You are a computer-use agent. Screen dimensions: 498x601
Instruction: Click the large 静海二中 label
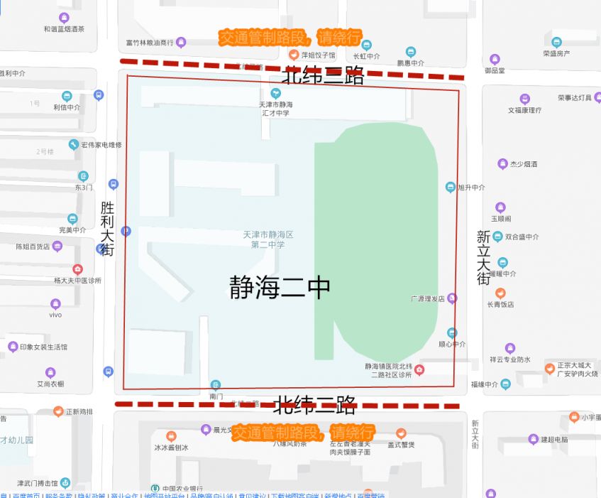(280, 288)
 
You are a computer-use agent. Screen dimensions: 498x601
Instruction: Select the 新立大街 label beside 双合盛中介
(483, 257)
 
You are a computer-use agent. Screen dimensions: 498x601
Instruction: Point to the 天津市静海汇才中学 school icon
(276, 93)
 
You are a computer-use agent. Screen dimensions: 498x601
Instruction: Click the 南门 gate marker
(216, 385)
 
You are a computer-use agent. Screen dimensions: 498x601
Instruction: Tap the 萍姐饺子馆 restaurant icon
(293, 54)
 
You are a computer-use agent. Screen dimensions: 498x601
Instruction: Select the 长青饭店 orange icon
(500, 293)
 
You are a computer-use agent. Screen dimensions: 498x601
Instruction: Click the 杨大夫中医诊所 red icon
(78, 269)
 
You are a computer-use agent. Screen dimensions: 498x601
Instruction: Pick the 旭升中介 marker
(450, 188)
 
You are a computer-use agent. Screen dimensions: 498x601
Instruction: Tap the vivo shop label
(55, 314)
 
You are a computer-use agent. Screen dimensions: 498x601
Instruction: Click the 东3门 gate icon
(84, 176)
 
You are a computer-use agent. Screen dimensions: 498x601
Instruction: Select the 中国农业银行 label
(182, 489)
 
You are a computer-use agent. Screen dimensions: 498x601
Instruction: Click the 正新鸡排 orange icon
(59, 411)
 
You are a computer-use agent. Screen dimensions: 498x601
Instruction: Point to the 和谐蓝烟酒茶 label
(64, 29)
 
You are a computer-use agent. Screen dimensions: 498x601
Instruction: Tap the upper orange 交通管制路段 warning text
(290, 38)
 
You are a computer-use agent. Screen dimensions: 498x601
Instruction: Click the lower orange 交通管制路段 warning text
(303, 432)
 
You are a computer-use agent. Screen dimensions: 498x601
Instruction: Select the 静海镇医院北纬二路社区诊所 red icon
(419, 369)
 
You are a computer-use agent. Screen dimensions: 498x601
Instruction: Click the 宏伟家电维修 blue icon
(73, 145)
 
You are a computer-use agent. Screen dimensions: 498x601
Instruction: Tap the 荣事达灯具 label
(575, 98)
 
